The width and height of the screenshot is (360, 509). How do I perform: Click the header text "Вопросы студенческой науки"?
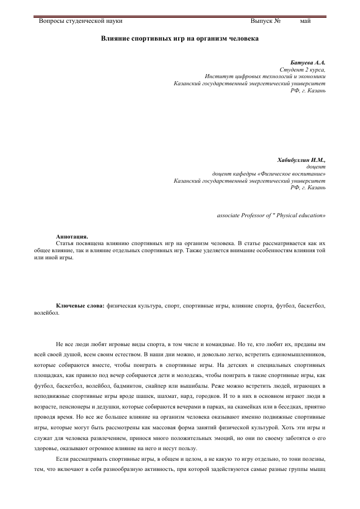pyautogui.click(x=81, y=21)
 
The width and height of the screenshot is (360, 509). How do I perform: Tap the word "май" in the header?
pyautogui.click(x=305, y=21)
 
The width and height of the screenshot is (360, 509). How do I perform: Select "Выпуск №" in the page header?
pyautogui.click(x=266, y=21)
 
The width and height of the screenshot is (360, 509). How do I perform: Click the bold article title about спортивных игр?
pyautogui.click(x=180, y=39)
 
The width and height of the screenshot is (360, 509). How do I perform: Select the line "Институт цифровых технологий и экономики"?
pyautogui.click(x=265, y=76)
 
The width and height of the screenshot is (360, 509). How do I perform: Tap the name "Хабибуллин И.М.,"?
pyautogui.click(x=302, y=160)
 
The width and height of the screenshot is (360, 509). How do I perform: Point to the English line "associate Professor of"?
pyautogui.click(x=249, y=215)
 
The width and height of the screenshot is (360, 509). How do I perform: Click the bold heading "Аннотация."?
pyautogui.click(x=72, y=236)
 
